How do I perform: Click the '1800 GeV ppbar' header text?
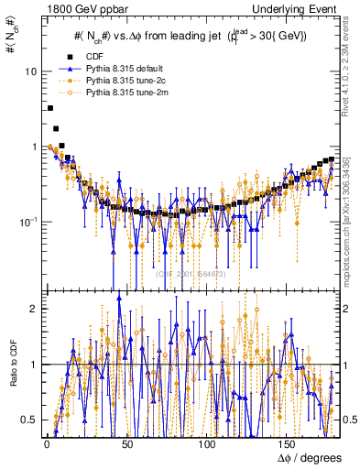77,8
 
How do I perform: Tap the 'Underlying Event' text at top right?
295,8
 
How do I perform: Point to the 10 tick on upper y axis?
30,71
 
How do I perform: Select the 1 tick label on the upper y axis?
33,147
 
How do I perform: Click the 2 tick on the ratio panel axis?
33,309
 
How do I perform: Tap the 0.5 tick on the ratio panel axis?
29,420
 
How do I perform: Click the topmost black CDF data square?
49,108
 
